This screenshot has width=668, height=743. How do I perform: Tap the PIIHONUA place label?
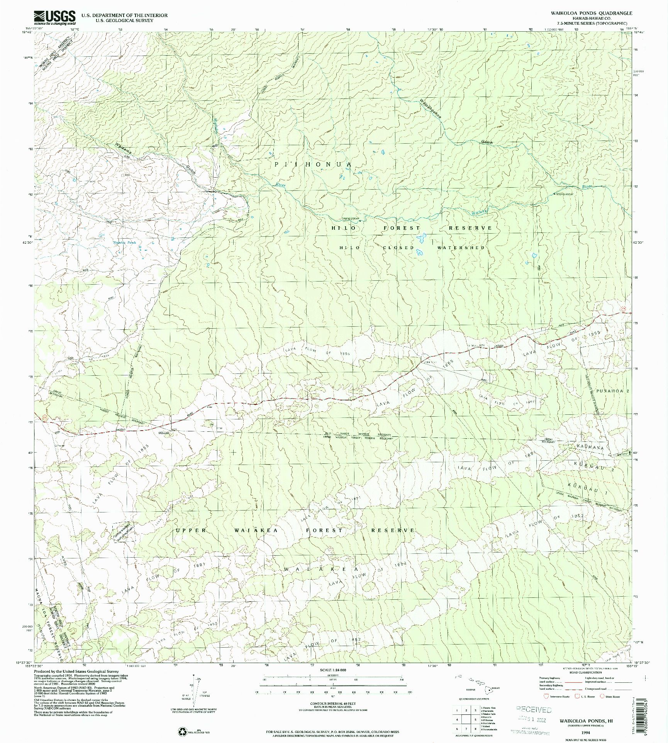pos(313,165)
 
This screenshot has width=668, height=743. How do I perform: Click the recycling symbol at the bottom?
pos(182,731)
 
